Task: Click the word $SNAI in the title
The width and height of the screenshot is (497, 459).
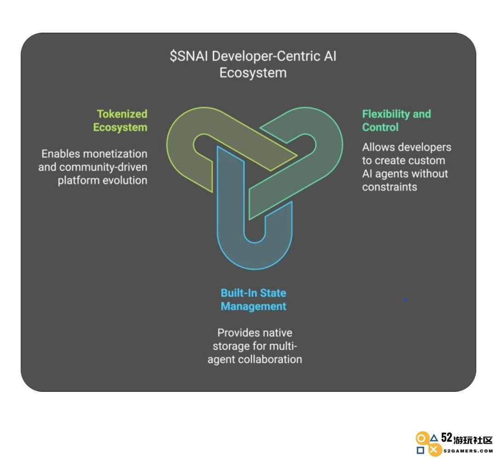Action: point(189,57)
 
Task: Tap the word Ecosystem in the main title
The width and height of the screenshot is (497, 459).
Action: point(253,73)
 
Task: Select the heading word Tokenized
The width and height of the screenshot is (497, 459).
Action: point(122,114)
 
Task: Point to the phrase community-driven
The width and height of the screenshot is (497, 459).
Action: point(104,167)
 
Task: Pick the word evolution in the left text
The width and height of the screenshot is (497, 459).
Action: point(125,180)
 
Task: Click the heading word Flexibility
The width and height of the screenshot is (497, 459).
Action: point(385,114)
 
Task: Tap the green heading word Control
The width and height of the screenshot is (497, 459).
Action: point(380,127)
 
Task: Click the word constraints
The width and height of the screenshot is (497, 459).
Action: point(390,187)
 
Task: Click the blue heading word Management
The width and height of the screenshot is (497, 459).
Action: point(253,306)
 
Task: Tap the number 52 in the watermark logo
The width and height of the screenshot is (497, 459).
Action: point(446,437)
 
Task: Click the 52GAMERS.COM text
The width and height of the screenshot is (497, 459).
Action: point(468,451)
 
